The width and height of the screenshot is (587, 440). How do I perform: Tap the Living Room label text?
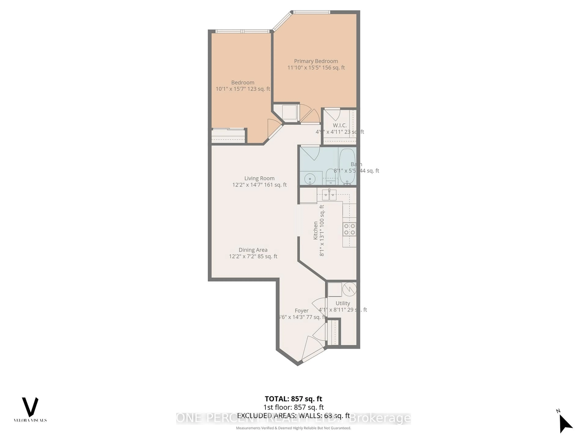pos(259,178)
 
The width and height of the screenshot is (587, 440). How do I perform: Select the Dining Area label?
pos(253,250)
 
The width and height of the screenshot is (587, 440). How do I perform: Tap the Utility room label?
pos(343,303)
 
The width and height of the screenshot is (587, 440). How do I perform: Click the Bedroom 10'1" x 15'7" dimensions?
pos(243,89)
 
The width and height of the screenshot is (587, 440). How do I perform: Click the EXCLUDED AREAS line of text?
pos(293,416)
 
